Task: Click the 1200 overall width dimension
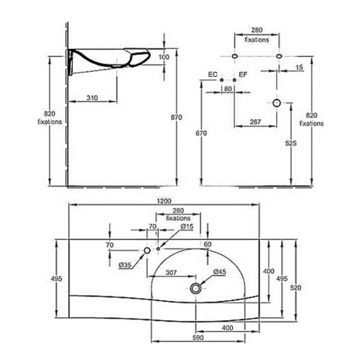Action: pyautogui.click(x=164, y=201)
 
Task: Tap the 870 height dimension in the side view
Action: pyautogui.click(x=176, y=117)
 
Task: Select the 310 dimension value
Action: pyautogui.click(x=92, y=98)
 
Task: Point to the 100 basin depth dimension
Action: pyautogui.click(x=164, y=57)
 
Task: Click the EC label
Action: pyautogui.click(x=213, y=74)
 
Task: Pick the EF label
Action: pyautogui.click(x=243, y=74)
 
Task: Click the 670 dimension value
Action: pyautogui.click(x=201, y=133)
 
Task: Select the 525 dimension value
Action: pyautogui.click(x=291, y=143)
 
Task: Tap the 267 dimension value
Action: pyautogui.click(x=255, y=122)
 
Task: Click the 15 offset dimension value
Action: pyautogui.click(x=299, y=68)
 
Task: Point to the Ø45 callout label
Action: pyautogui.click(x=219, y=272)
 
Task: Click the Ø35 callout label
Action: pyautogui.click(x=125, y=265)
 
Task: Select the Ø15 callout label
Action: pyautogui.click(x=187, y=227)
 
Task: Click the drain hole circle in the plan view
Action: pyautogui.click(x=196, y=288)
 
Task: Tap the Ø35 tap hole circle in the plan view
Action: pyautogui.click(x=147, y=250)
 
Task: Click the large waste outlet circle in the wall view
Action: pyautogui.click(x=276, y=103)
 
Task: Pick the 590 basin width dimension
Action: pyautogui.click(x=198, y=338)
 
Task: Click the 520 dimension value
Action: pyautogui.click(x=296, y=288)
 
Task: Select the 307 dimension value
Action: pyautogui.click(x=171, y=273)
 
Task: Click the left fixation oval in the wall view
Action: pyautogui.click(x=235, y=56)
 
